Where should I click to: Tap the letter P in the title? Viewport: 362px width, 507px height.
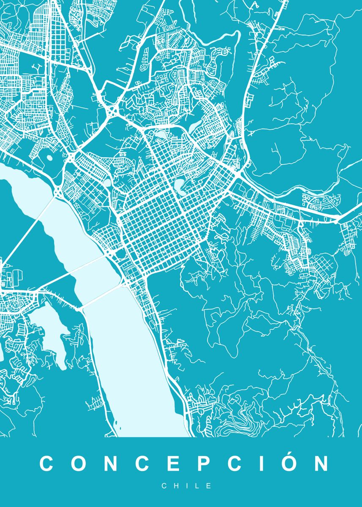(206, 463)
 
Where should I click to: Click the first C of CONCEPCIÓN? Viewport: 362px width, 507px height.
(47, 463)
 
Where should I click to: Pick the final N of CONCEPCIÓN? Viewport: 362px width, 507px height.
(321, 463)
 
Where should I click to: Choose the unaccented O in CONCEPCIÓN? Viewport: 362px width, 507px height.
(79, 463)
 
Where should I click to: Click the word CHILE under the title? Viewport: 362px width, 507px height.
(186, 486)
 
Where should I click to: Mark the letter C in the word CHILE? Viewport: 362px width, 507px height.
(164, 486)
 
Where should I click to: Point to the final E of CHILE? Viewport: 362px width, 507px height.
(209, 486)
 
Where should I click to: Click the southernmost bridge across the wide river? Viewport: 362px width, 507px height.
(101, 296)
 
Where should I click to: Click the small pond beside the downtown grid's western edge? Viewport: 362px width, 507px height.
(107, 183)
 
